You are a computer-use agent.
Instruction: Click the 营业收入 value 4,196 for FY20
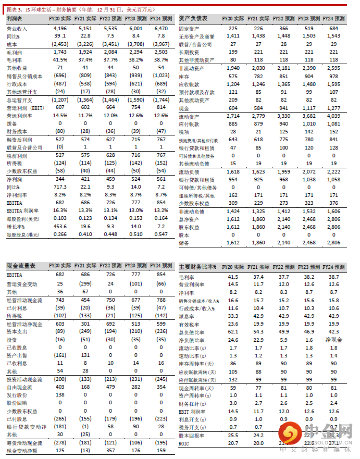click(60, 29)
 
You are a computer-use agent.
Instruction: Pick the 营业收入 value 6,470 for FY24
click(162, 29)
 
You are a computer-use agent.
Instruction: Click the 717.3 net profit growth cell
click(60, 185)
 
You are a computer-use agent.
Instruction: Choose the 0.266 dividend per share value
click(60, 235)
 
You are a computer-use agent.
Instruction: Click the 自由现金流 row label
click(17, 387)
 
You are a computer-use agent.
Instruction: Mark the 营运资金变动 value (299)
click(85, 284)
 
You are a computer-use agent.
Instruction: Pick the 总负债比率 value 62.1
click(233, 332)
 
